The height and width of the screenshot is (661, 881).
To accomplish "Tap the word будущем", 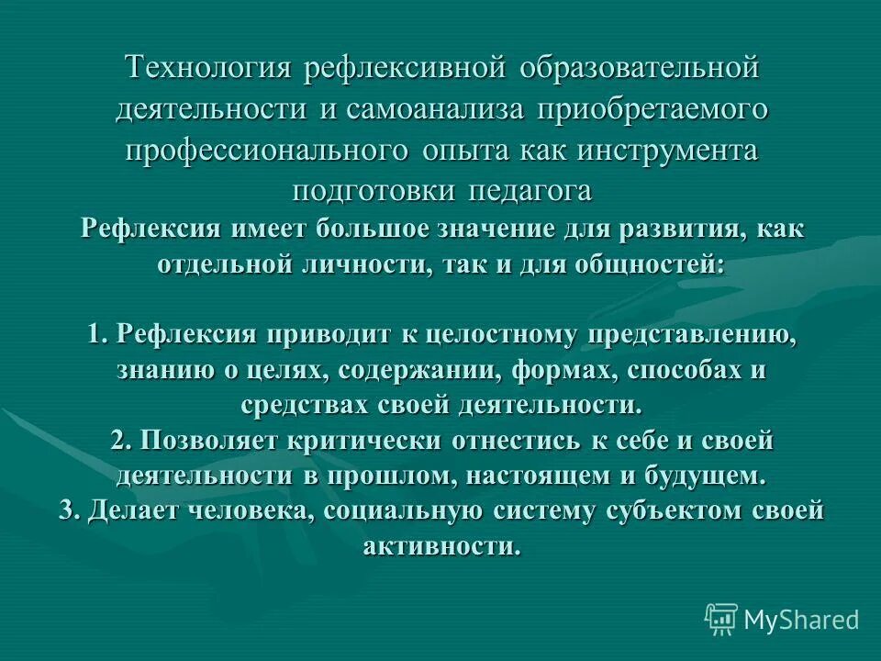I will pos(704,476).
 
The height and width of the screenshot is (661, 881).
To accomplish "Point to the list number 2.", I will pos(121,441).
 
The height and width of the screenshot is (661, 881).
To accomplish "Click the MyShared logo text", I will pos(800,620).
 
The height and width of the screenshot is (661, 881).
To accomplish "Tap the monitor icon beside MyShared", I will pos(721,619).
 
